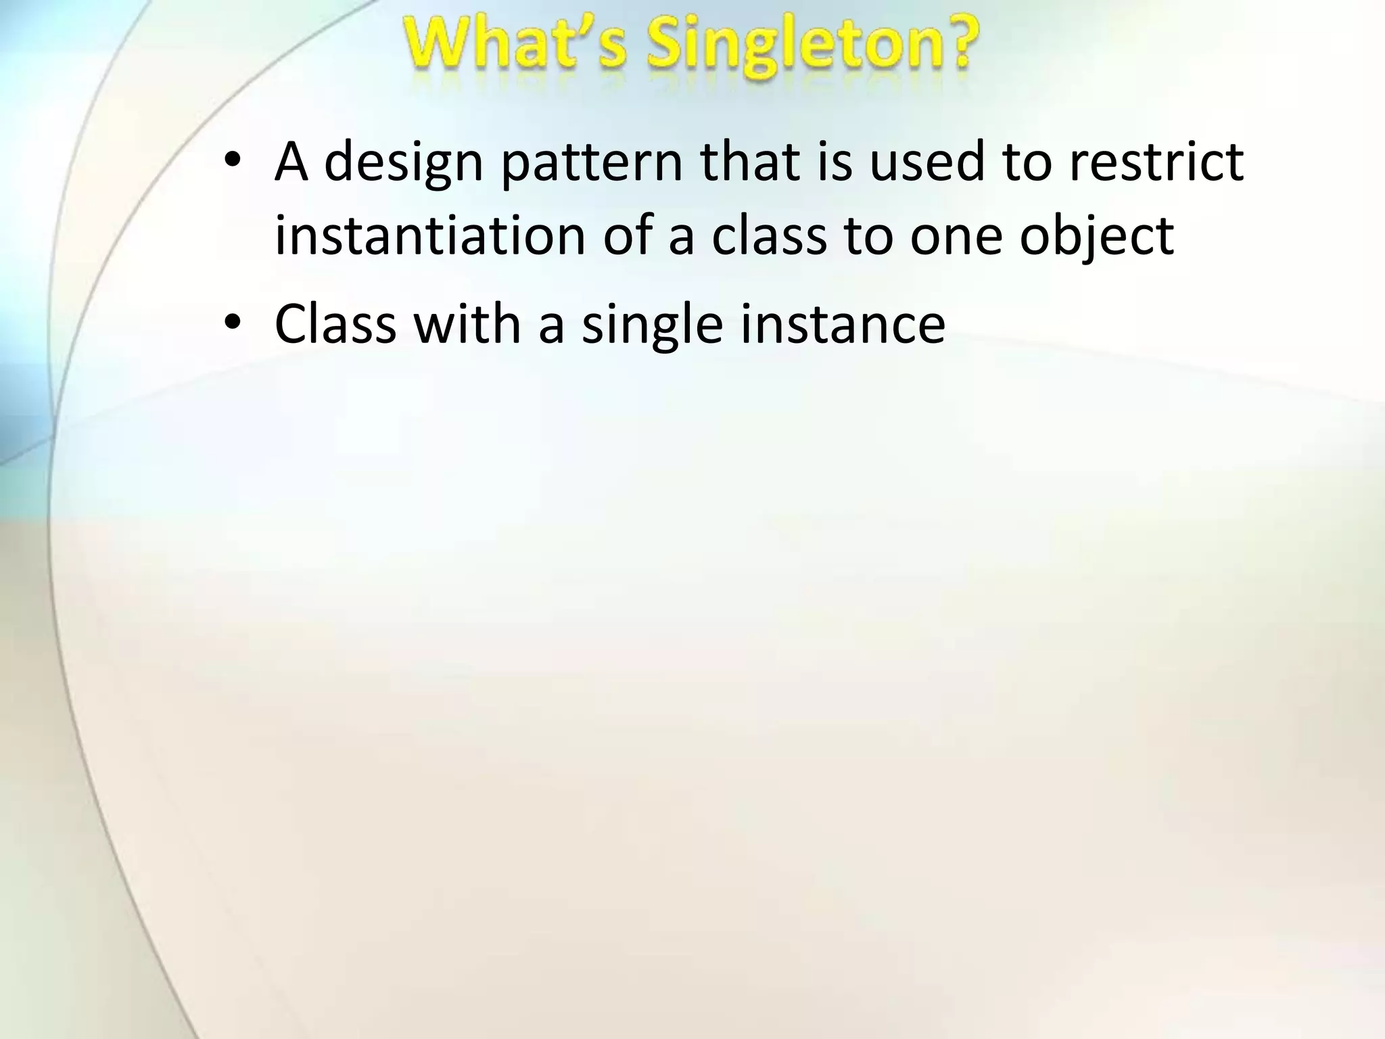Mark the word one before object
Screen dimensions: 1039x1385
[956, 238]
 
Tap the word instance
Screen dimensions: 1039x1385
[843, 324]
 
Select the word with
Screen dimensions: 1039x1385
[467, 324]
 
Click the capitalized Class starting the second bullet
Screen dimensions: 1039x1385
[335, 324]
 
